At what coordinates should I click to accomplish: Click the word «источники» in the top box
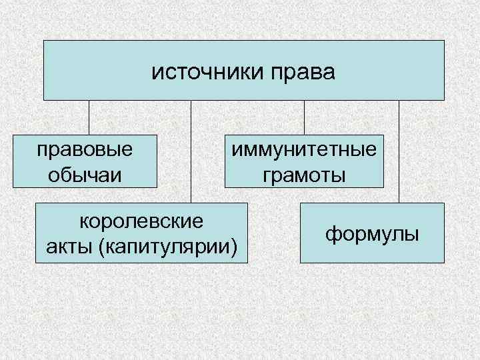point(209,70)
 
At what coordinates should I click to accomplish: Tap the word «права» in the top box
point(304,70)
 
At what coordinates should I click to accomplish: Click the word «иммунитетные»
point(304,149)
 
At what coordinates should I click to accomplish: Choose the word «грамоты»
point(304,175)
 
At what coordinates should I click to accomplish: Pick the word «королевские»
point(141,221)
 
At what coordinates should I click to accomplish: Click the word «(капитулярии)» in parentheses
point(167,246)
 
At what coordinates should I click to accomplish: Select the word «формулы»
point(372,233)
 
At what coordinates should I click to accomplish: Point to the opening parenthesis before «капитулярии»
point(101,247)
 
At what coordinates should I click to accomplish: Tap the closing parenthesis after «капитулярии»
point(234,247)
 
